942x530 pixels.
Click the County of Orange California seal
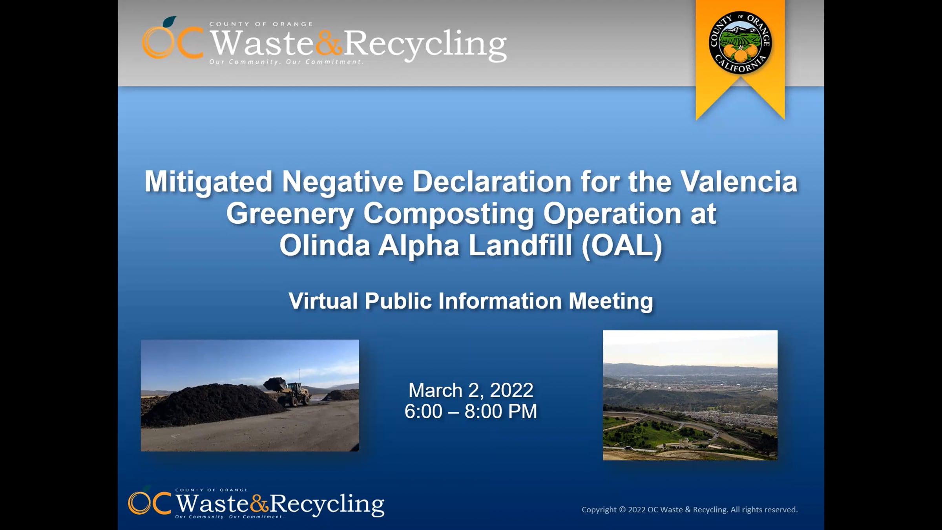point(740,42)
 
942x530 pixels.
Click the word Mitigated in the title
point(208,182)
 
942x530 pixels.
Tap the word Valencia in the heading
point(739,181)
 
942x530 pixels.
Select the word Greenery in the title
point(290,214)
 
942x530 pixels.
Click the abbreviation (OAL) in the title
point(622,246)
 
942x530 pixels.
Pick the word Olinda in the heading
point(325,245)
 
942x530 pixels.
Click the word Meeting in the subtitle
point(611,302)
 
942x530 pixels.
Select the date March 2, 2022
point(471,390)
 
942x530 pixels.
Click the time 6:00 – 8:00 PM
point(471,411)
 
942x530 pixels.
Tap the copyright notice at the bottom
point(690,510)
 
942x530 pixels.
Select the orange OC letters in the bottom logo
point(150,503)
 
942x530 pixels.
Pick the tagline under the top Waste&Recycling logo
point(286,62)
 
